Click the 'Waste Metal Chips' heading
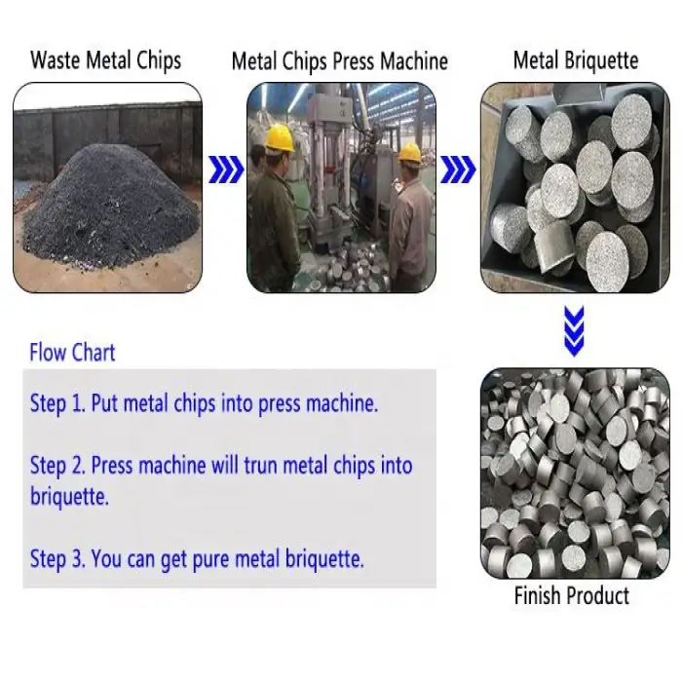105,60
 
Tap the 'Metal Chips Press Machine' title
340,61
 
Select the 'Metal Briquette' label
576,60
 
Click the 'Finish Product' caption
572,595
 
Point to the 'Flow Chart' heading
72,353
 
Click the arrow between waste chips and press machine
226,170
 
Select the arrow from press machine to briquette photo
458,170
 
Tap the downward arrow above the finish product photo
574,331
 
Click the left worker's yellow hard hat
280,138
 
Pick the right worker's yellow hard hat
410,153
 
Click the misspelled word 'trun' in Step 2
260,466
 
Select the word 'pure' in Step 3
210,559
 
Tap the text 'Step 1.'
57,403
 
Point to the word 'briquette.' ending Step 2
69,496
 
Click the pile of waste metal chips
109,206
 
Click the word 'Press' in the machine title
354,61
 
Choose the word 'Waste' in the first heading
56,60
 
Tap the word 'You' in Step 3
106,558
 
